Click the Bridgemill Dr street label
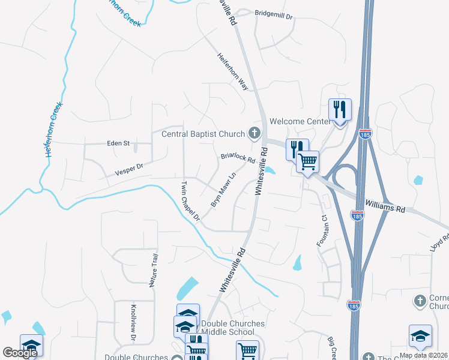tap(273, 13)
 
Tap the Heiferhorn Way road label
tap(234, 71)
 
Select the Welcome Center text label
tap(300, 121)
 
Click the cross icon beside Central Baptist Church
tap(255, 133)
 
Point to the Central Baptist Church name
tap(203, 134)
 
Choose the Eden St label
tap(118, 143)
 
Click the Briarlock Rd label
tap(238, 158)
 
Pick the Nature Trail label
tap(154, 269)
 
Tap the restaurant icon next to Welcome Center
tap(340, 109)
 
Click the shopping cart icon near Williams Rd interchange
tap(307, 161)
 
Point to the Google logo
tap(20, 353)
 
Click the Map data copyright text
tap(423, 355)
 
